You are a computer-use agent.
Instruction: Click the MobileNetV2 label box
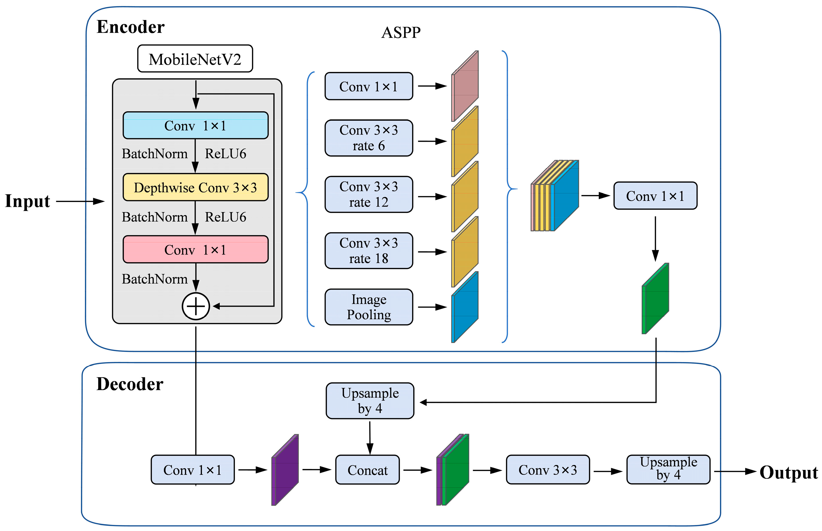(195, 59)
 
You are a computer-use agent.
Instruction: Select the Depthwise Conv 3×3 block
(195, 187)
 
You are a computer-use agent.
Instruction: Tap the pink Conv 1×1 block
(195, 249)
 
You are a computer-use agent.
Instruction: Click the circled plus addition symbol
(196, 306)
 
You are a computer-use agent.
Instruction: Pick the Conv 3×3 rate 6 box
(369, 138)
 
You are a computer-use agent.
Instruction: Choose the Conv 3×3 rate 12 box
(369, 194)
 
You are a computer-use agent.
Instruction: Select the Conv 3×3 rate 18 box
(369, 251)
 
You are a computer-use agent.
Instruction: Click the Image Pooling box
(369, 307)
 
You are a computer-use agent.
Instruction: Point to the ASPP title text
(401, 33)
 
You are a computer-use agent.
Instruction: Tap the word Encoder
(130, 27)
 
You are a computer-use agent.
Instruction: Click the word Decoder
(130, 384)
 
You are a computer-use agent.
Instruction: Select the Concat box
(367, 470)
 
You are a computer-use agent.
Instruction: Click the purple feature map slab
(285, 470)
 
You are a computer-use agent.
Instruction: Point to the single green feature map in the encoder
(655, 299)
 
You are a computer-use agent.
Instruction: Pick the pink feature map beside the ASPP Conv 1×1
(465, 86)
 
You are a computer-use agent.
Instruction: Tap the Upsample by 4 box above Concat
(370, 401)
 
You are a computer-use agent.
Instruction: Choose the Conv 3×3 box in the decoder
(548, 470)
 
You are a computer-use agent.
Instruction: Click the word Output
(788, 472)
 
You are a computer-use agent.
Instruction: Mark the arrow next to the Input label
(80, 201)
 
